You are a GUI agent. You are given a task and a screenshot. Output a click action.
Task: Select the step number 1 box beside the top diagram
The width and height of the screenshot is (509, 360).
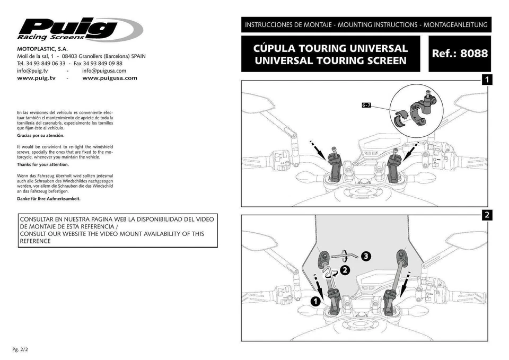(x=487, y=80)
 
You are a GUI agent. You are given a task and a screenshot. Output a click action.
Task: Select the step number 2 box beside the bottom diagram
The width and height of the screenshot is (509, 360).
(x=487, y=215)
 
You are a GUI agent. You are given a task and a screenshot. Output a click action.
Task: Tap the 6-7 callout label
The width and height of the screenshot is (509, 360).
(x=366, y=106)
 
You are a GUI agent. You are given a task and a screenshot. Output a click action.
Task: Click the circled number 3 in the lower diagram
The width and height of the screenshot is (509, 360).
(x=365, y=256)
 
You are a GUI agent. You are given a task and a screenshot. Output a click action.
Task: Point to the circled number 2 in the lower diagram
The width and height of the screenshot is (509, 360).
(x=345, y=270)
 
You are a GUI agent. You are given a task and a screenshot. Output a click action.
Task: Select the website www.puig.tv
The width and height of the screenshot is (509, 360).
(x=37, y=78)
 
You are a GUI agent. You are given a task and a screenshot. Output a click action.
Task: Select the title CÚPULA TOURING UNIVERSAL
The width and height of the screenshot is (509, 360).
(x=330, y=48)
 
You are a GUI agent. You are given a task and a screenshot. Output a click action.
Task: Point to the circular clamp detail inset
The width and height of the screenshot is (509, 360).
(x=416, y=109)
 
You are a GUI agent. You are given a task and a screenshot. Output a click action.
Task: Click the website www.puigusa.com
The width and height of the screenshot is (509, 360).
(x=110, y=78)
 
